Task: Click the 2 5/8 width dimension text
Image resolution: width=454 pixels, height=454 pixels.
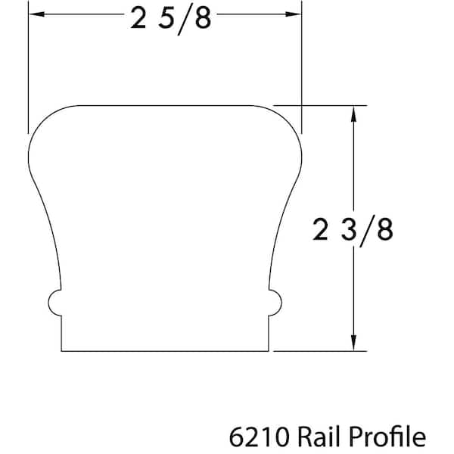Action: tap(171, 20)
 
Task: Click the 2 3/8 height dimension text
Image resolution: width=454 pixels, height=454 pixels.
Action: tap(353, 231)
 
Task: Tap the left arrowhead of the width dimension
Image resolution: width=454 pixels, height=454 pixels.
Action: tap(37, 14)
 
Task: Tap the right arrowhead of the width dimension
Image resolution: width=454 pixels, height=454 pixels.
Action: tap(293, 14)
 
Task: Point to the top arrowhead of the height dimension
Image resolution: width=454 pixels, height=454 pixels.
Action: tap(353, 113)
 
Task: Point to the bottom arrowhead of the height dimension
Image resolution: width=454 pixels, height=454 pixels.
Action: tap(353, 343)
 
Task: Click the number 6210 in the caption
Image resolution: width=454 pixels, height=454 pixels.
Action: tap(260, 437)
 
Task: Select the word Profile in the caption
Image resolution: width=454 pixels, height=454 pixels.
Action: tap(387, 437)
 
